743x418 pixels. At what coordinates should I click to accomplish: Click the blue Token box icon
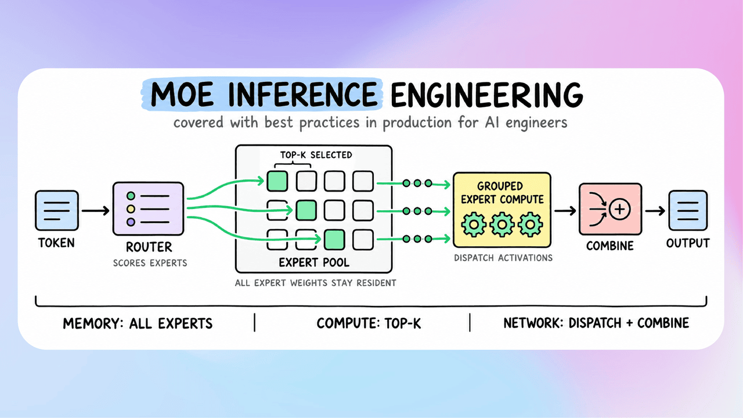coord(57,210)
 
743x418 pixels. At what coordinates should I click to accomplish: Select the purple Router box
coord(148,208)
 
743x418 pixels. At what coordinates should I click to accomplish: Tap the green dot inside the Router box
coord(131,196)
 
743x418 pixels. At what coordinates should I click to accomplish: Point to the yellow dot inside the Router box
coord(131,209)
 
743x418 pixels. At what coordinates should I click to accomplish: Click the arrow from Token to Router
coord(96,210)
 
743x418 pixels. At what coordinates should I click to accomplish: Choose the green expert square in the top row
coord(277,181)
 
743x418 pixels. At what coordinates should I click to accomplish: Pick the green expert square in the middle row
coord(306,210)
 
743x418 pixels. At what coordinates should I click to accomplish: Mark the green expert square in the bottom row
coord(334,240)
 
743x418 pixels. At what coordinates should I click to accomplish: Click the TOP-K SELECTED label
coord(316,155)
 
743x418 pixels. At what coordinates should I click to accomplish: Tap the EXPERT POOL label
coord(314,262)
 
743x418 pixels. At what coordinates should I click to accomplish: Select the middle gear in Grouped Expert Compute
coord(502,225)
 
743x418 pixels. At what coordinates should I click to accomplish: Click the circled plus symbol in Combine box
coord(619,209)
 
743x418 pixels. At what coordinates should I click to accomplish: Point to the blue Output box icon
coord(688,210)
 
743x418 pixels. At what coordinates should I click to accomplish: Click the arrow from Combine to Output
coord(655,211)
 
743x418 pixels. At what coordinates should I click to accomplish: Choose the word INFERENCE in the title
coord(302,95)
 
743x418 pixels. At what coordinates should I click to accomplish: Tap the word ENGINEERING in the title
coord(487,95)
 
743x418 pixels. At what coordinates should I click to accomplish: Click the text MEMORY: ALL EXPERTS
coord(138,323)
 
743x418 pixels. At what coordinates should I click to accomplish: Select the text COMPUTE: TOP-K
coord(369,323)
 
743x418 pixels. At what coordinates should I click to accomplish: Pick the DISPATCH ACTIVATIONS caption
coord(503,258)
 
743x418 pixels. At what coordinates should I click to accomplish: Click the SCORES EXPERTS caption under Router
coord(150,263)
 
